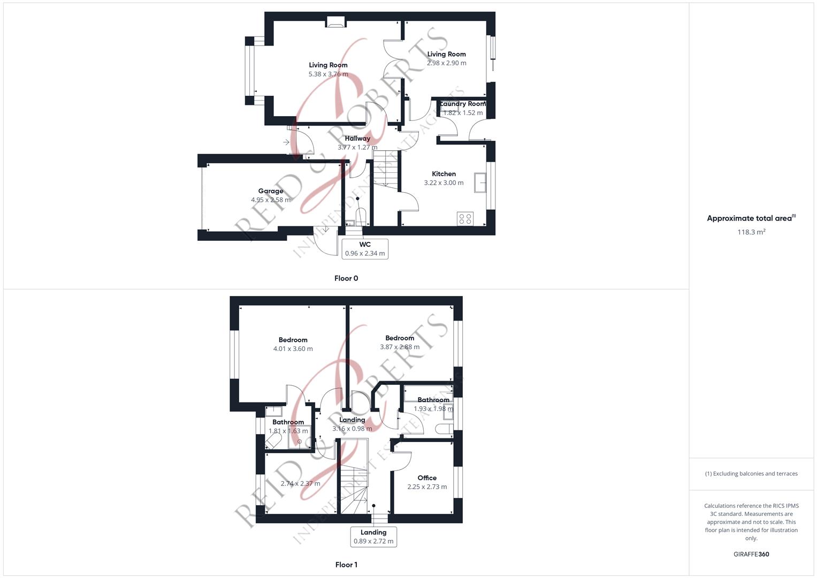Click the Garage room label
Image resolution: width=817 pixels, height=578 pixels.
(271, 191)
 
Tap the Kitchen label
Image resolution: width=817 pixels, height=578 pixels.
(444, 174)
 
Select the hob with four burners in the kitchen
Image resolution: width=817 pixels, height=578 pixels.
(465, 218)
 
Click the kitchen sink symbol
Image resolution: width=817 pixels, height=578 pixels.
(480, 182)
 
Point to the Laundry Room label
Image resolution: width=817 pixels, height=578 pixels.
(462, 104)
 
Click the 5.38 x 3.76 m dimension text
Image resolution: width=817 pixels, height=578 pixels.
(328, 74)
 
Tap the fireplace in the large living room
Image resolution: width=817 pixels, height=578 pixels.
(335, 22)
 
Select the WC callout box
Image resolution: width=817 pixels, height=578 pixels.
(365, 249)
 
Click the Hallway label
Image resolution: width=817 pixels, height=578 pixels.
(357, 139)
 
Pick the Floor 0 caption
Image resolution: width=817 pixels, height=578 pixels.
(346, 278)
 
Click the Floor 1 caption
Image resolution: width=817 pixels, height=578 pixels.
(346, 565)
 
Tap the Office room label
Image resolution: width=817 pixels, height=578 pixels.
(427, 478)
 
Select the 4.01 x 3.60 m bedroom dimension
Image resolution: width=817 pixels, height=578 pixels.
(293, 349)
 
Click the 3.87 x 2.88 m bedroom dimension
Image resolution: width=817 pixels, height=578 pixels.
(400, 347)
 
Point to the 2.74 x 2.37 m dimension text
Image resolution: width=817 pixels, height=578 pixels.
(301, 484)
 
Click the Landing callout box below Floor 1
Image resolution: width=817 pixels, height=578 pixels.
(373, 536)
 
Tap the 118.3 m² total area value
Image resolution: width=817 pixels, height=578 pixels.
(751, 232)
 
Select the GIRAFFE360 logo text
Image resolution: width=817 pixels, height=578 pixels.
(751, 554)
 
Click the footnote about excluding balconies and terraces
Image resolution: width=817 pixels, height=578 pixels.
(751, 474)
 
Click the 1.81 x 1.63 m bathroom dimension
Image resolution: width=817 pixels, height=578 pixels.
(288, 431)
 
